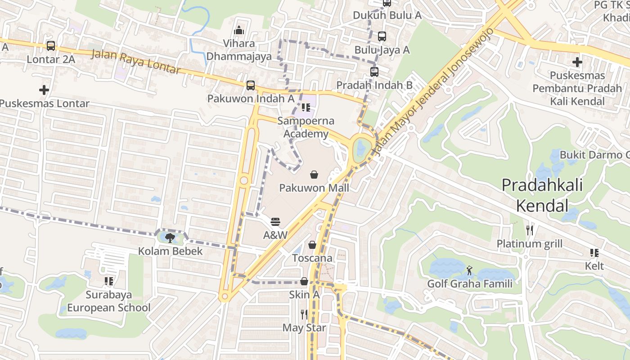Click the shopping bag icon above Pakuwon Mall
pos(314,175)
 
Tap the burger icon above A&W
pos(275,222)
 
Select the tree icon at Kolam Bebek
pos(170,238)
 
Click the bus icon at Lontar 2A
pos(51,46)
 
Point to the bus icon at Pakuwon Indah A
pos(251,85)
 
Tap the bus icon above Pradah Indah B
pos(374,72)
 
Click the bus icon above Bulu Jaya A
pos(382,36)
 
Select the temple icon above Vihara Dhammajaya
pos(239,31)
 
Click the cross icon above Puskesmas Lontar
pos(44,90)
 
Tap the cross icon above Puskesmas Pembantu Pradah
pos(577,62)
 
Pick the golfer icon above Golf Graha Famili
pos(470,270)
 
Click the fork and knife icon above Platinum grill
pos(530,230)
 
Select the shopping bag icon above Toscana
pos(312,245)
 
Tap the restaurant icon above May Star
pos(305,314)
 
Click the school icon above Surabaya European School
pos(109,282)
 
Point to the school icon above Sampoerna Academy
pos(306,108)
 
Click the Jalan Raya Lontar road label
pos(136,62)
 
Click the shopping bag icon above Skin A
pos(304,282)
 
